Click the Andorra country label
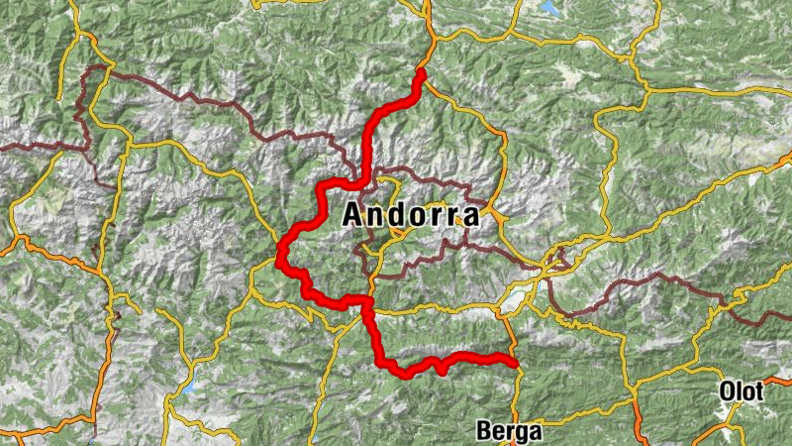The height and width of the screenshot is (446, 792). pos(411,215)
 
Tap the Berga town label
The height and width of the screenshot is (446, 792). pos(509,431)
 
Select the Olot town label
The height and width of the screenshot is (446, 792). pos(742,391)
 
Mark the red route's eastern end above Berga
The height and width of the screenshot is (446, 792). pos(515,363)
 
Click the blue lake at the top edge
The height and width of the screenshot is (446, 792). pos(550,8)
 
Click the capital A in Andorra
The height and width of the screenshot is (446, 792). pos(352,215)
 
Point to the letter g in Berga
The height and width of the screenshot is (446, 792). pos(522,433)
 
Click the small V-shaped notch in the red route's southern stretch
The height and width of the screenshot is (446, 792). pos(437,368)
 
